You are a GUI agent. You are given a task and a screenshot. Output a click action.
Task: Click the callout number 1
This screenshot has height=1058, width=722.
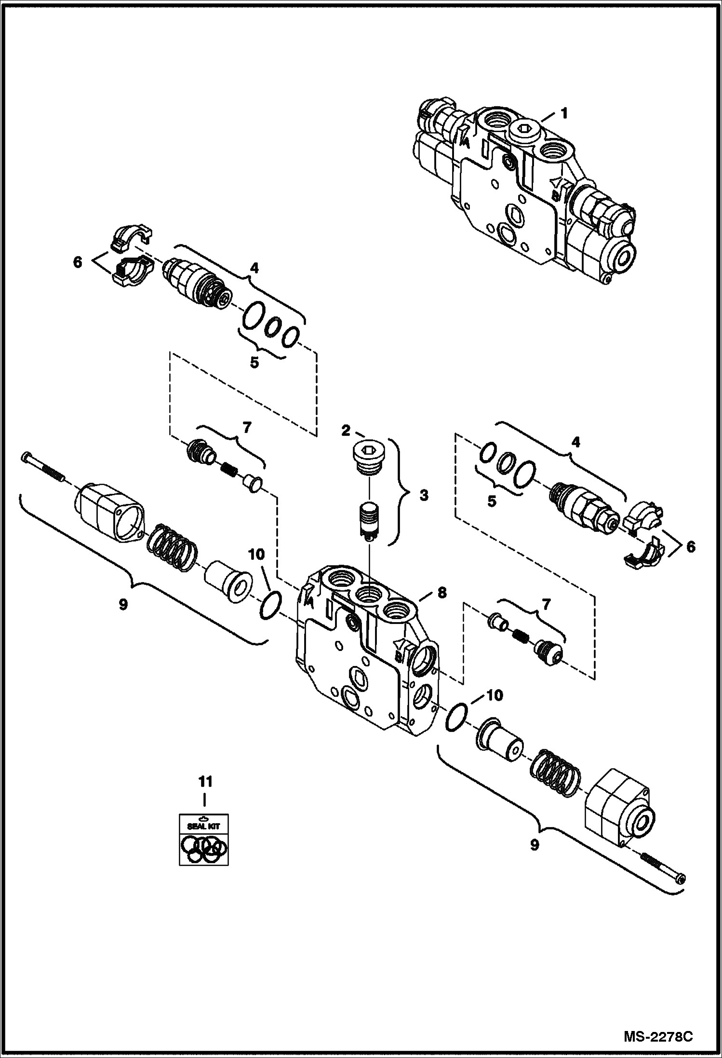click(564, 114)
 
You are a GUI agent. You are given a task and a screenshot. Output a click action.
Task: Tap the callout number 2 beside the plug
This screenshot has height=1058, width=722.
click(346, 431)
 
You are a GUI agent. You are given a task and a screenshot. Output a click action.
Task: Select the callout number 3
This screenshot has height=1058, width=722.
click(424, 495)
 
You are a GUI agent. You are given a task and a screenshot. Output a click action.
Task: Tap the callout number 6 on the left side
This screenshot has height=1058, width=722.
click(78, 262)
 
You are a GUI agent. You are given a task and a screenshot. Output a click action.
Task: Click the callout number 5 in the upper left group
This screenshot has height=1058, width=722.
click(254, 362)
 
